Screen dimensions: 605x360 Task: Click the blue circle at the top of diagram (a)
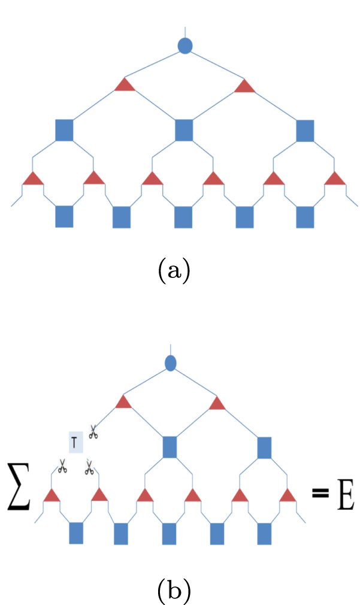(185, 46)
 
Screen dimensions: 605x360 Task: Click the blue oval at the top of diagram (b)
(171, 362)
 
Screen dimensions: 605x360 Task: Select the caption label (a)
(174, 271)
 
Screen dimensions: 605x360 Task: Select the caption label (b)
(174, 591)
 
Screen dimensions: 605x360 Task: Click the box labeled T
(75, 442)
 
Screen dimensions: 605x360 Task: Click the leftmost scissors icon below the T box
(62, 466)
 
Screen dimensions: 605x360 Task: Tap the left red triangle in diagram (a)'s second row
(125, 85)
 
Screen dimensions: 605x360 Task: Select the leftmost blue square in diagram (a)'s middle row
(64, 130)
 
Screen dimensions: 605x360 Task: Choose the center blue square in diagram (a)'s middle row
(184, 130)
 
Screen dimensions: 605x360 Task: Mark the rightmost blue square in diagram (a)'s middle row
(305, 130)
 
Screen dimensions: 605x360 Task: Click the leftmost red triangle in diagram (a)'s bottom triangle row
(33, 179)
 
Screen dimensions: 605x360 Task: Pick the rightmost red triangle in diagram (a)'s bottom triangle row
(335, 179)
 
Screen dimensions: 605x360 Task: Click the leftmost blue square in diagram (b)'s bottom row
(76, 533)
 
